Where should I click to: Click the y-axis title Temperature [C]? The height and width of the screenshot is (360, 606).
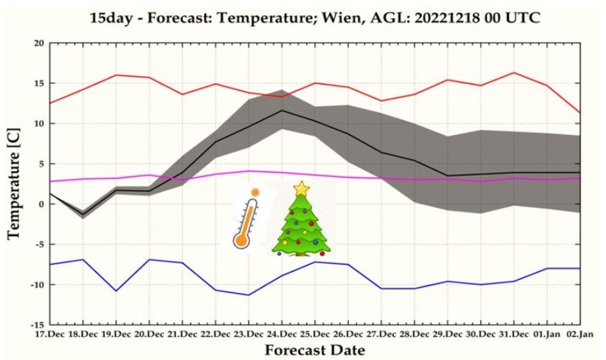point(14,184)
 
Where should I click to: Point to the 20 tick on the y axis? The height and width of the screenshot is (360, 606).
point(39,43)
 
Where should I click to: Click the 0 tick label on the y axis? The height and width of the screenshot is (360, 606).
point(41,204)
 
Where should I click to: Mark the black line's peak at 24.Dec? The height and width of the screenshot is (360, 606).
point(282,110)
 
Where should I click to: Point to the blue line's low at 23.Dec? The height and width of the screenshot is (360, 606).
point(249,295)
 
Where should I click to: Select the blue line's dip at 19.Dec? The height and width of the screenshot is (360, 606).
point(117,290)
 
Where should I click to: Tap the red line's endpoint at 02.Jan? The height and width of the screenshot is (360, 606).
point(579,113)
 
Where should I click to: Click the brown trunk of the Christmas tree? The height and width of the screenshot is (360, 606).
point(302,252)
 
